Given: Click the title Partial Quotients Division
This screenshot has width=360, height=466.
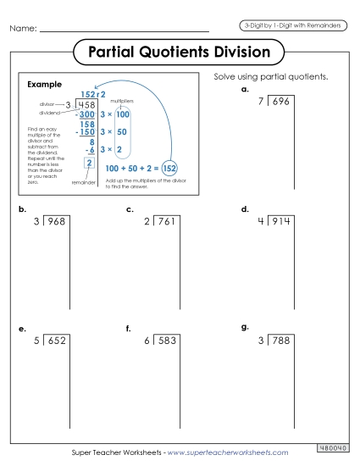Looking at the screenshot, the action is (x=180, y=53).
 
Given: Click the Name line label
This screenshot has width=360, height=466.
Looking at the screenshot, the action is (x=23, y=29).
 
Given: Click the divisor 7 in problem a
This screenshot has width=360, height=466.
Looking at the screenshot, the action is (x=261, y=102).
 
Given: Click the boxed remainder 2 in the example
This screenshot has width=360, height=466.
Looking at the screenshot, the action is (x=88, y=163).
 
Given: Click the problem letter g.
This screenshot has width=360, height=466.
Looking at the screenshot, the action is (x=245, y=326).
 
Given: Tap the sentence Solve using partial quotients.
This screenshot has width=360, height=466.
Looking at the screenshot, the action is (x=271, y=77).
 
